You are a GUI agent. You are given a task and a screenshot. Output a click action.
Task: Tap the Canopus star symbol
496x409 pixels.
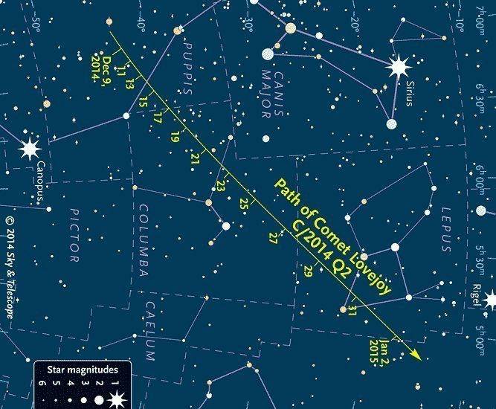(29, 148)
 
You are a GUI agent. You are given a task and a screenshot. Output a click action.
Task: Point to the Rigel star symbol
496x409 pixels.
(490, 300)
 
